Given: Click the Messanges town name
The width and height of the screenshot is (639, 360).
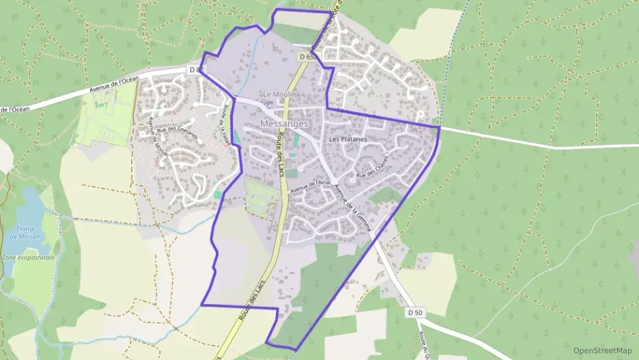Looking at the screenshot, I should pos(284,124).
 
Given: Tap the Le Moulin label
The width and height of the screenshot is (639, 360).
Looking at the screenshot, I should pos(278,94).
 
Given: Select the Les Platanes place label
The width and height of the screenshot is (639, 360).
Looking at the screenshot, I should pos(348,139).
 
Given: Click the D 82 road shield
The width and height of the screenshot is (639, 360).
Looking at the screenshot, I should pos(195,70).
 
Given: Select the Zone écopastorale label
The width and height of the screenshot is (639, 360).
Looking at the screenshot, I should pos(28,258).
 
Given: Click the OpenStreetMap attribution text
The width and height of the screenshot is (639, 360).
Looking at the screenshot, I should pos(602,350).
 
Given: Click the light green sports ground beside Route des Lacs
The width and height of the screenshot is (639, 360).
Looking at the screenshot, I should pos(261,197).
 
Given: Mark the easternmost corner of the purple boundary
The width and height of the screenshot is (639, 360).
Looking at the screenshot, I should pos(440,126).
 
